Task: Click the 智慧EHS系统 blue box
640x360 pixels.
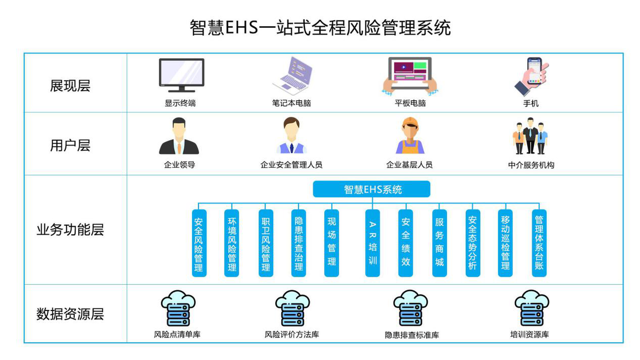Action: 371,189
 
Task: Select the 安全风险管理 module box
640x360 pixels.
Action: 199,243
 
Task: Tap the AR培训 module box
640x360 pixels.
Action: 372,243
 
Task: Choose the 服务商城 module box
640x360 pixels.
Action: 439,243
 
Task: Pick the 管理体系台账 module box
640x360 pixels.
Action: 539,243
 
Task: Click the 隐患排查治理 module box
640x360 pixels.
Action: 299,243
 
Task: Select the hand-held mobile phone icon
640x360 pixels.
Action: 532,76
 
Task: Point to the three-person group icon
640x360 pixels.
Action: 530,136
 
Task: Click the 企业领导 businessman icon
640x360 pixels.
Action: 179,137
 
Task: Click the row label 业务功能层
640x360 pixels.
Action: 70,230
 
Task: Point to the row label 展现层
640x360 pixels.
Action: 70,85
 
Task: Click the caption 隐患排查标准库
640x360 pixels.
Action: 412,335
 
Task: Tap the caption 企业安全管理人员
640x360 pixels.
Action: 291,165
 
